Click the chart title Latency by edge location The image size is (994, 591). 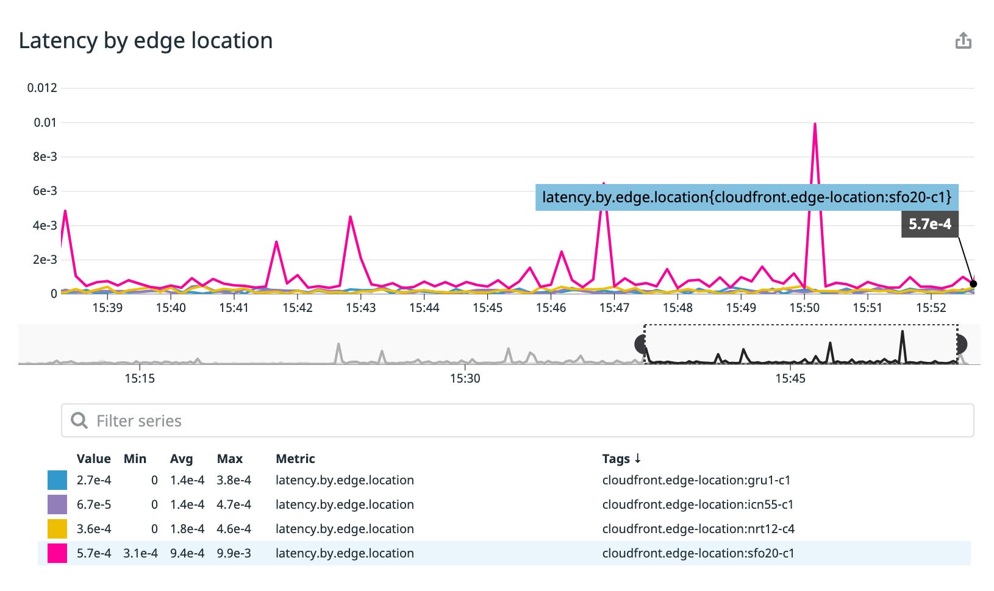(x=146, y=41)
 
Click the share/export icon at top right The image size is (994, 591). (x=963, y=41)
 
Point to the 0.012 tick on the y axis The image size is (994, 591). (x=42, y=88)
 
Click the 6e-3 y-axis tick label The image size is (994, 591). (x=45, y=191)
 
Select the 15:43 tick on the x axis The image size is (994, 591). (x=360, y=308)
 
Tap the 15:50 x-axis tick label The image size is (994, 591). (x=804, y=308)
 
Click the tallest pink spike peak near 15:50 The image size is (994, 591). (x=815, y=124)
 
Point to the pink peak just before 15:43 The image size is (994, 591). (x=350, y=217)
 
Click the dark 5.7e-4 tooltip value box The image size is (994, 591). (x=929, y=224)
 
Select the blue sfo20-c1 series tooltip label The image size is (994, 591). (x=746, y=197)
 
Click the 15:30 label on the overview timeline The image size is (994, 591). (x=465, y=378)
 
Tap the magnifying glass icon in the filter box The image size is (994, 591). (x=79, y=420)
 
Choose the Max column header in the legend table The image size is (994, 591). (x=229, y=459)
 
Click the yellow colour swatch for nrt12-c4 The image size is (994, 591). (x=57, y=529)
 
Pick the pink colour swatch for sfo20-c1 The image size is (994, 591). (x=57, y=553)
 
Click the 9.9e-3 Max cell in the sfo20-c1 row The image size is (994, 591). (x=234, y=553)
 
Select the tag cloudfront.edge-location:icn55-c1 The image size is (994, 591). (x=698, y=504)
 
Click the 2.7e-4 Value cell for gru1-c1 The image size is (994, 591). (x=94, y=480)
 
